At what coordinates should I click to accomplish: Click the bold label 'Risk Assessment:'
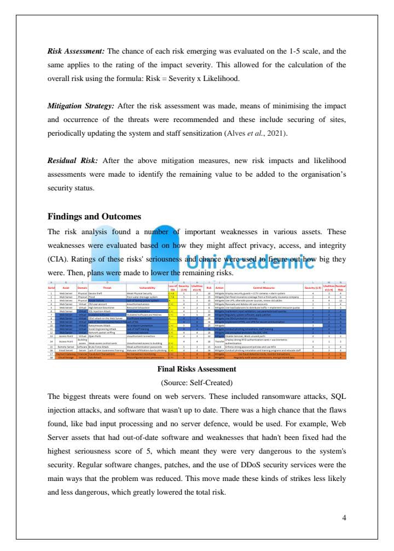coord(76,51)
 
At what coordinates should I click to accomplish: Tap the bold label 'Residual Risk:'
coord(73,160)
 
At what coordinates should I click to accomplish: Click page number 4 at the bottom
coord(344,517)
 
